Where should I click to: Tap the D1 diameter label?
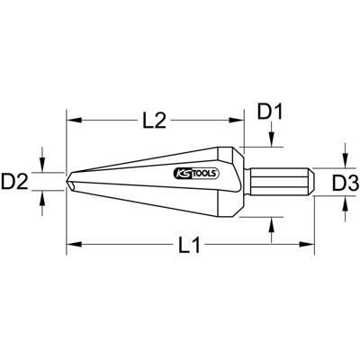[272, 112]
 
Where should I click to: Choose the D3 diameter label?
[345, 184]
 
